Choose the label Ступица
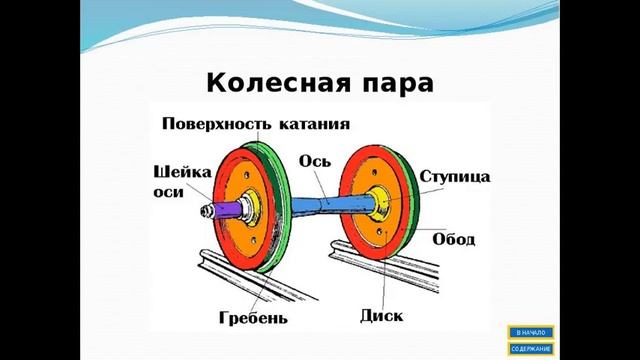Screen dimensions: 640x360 click(x=454, y=176)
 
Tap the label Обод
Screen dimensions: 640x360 click(x=453, y=240)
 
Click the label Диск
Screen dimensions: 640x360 click(x=381, y=317)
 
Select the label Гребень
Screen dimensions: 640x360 click(x=254, y=319)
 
